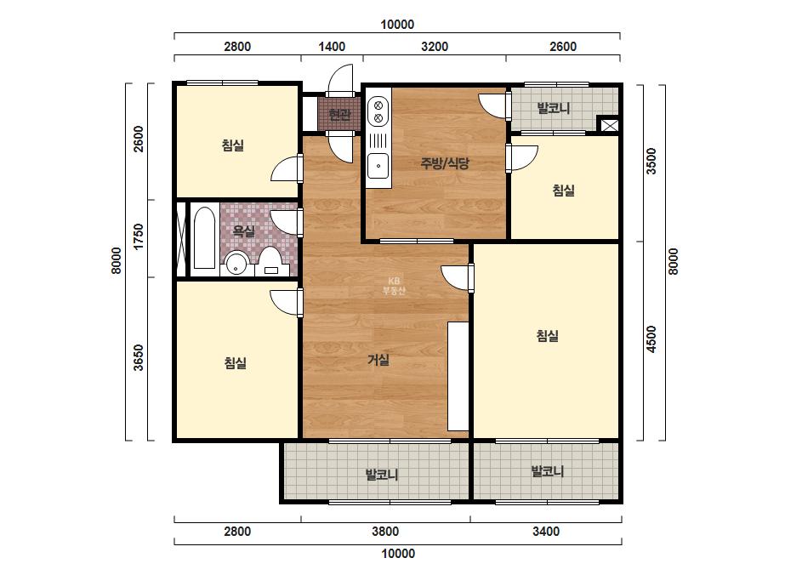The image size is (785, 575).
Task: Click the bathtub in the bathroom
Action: pos(204,238)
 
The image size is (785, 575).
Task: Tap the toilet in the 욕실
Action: pos(270,261)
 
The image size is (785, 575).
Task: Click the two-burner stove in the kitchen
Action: pos(378,112)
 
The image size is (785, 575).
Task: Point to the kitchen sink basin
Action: pos(378,166)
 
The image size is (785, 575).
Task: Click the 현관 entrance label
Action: pos(340,115)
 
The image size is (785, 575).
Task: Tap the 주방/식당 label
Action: pos(445,163)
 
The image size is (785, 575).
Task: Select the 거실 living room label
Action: pos(378,359)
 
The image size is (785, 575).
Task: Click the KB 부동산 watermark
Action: pos(394,286)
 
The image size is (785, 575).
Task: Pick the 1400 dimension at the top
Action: pos(332,47)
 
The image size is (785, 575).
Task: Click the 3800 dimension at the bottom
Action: pos(385,531)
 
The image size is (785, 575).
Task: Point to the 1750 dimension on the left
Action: pos(139,236)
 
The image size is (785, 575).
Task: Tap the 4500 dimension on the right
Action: pos(651,339)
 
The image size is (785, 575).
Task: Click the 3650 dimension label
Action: pos(139,357)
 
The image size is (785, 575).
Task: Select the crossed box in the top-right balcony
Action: pos(609,125)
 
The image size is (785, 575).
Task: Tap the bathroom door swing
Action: pos(287,221)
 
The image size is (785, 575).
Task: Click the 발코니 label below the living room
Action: pos(382,475)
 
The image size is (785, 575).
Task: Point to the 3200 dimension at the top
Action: pos(435,47)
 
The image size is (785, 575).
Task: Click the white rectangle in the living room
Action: pos(458,376)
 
